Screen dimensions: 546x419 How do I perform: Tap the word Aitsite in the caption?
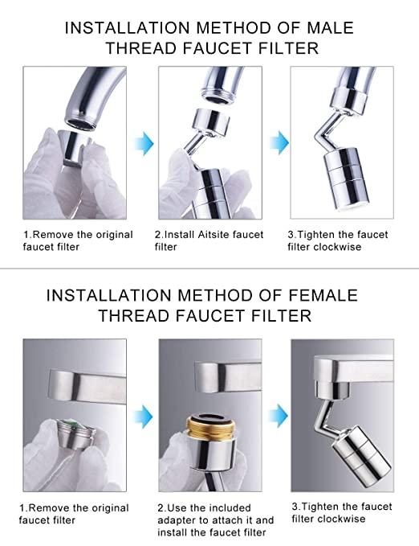pyautogui.click(x=212, y=235)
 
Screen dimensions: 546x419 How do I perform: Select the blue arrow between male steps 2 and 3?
pyautogui.click(x=277, y=143)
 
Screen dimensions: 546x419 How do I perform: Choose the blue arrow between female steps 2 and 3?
pyautogui.click(x=277, y=415)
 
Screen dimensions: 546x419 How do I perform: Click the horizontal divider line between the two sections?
pyautogui.click(x=209, y=269)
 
